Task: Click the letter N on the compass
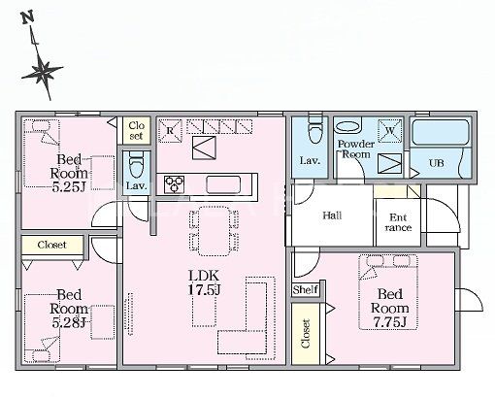click(x=28, y=17)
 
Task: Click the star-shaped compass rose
click(x=43, y=72)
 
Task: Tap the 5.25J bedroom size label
click(x=69, y=187)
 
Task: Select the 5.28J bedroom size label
click(x=69, y=322)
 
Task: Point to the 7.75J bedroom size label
click(x=389, y=321)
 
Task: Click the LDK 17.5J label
click(x=204, y=282)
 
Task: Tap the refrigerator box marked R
click(x=170, y=131)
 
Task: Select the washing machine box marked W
click(x=390, y=130)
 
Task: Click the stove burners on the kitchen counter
click(x=174, y=184)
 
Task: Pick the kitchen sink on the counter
click(x=223, y=184)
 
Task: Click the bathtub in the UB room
click(x=441, y=132)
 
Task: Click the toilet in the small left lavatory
click(x=136, y=165)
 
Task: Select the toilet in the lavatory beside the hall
click(x=316, y=128)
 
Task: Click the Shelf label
click(x=306, y=290)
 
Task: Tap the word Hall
click(x=332, y=215)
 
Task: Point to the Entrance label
click(x=398, y=222)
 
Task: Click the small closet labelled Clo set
click(x=137, y=130)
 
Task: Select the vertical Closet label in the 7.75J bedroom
click(x=306, y=333)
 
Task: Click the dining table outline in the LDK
click(x=214, y=231)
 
